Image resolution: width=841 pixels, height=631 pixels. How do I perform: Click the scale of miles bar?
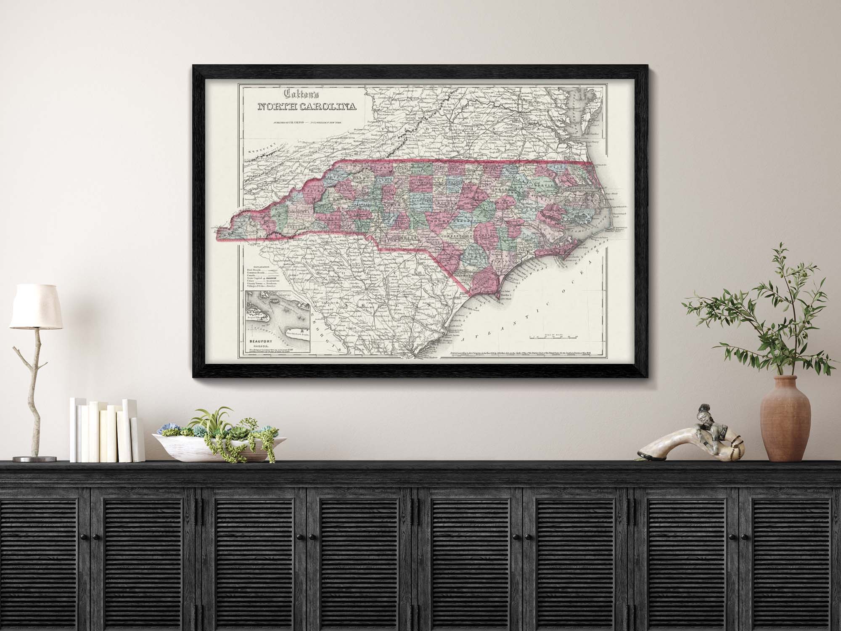[553, 337]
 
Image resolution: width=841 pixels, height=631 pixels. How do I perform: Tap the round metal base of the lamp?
[34, 459]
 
